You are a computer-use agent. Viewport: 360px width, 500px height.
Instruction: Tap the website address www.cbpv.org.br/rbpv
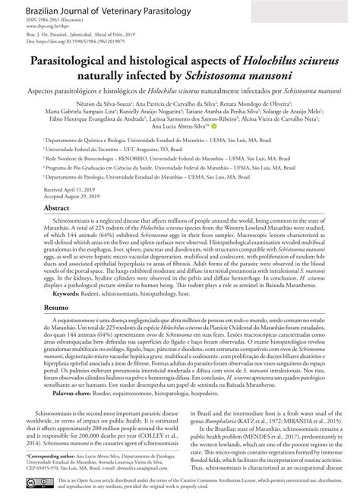pos(46,27)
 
